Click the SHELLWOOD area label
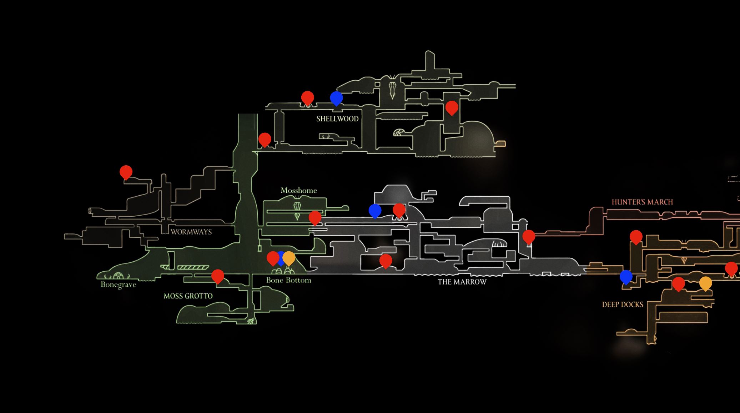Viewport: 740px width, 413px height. click(x=337, y=119)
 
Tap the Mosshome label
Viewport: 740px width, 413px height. click(x=298, y=191)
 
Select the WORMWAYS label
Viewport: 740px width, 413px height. click(x=191, y=232)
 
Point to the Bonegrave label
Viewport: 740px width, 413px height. click(x=118, y=284)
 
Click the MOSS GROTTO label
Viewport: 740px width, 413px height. click(x=188, y=296)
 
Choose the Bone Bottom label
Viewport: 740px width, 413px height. click(x=288, y=280)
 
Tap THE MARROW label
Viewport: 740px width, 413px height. click(x=462, y=282)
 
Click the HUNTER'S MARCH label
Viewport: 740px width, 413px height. click(x=642, y=202)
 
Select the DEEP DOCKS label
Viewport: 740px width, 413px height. click(x=623, y=304)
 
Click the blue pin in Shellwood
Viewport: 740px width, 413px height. click(x=336, y=98)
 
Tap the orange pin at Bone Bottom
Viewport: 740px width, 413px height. click(x=289, y=258)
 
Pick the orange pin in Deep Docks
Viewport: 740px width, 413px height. click(x=705, y=283)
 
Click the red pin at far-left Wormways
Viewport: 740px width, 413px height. click(x=126, y=172)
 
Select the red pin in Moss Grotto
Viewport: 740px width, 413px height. click(x=218, y=276)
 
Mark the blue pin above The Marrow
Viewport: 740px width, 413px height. click(x=375, y=211)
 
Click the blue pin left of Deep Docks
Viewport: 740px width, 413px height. click(x=626, y=276)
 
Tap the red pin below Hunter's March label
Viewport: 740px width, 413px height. click(x=636, y=237)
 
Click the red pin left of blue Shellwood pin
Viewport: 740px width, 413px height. click(x=307, y=97)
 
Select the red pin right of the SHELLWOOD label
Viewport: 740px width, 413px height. click(x=452, y=107)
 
